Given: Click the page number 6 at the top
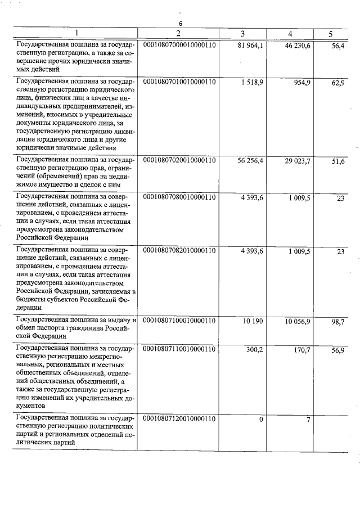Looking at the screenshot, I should (x=181, y=24).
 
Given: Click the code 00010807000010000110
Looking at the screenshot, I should (x=180, y=45).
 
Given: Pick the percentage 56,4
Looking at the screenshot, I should (x=338, y=45).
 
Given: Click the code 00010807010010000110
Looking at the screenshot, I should (x=180, y=82).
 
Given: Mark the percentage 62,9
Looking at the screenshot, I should (x=338, y=83).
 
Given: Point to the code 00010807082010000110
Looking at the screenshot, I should (x=180, y=251).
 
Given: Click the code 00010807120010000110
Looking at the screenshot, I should (x=180, y=419).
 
